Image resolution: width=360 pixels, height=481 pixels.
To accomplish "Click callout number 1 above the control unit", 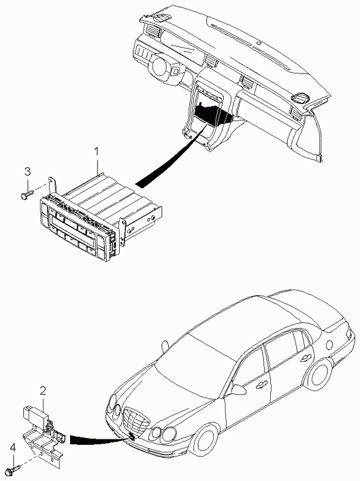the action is [x=97, y=151].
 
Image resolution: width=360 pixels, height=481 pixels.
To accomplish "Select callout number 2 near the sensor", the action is [x=43, y=391].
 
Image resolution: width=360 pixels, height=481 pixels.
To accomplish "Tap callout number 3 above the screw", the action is [x=28, y=171].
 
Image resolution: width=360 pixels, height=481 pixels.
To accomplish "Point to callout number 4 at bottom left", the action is [x=12, y=448].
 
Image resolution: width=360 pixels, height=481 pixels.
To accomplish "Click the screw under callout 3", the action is [x=27, y=194].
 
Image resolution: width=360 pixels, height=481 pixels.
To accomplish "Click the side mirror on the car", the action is [x=238, y=389].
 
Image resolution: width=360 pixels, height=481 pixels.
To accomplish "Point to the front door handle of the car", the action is [x=261, y=384].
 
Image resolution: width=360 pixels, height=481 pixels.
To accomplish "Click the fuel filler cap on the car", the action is [x=329, y=345].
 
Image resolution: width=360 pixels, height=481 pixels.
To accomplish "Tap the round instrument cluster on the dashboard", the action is [x=160, y=65].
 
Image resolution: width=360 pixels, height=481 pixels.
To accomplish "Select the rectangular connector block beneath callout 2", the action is [x=35, y=413].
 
